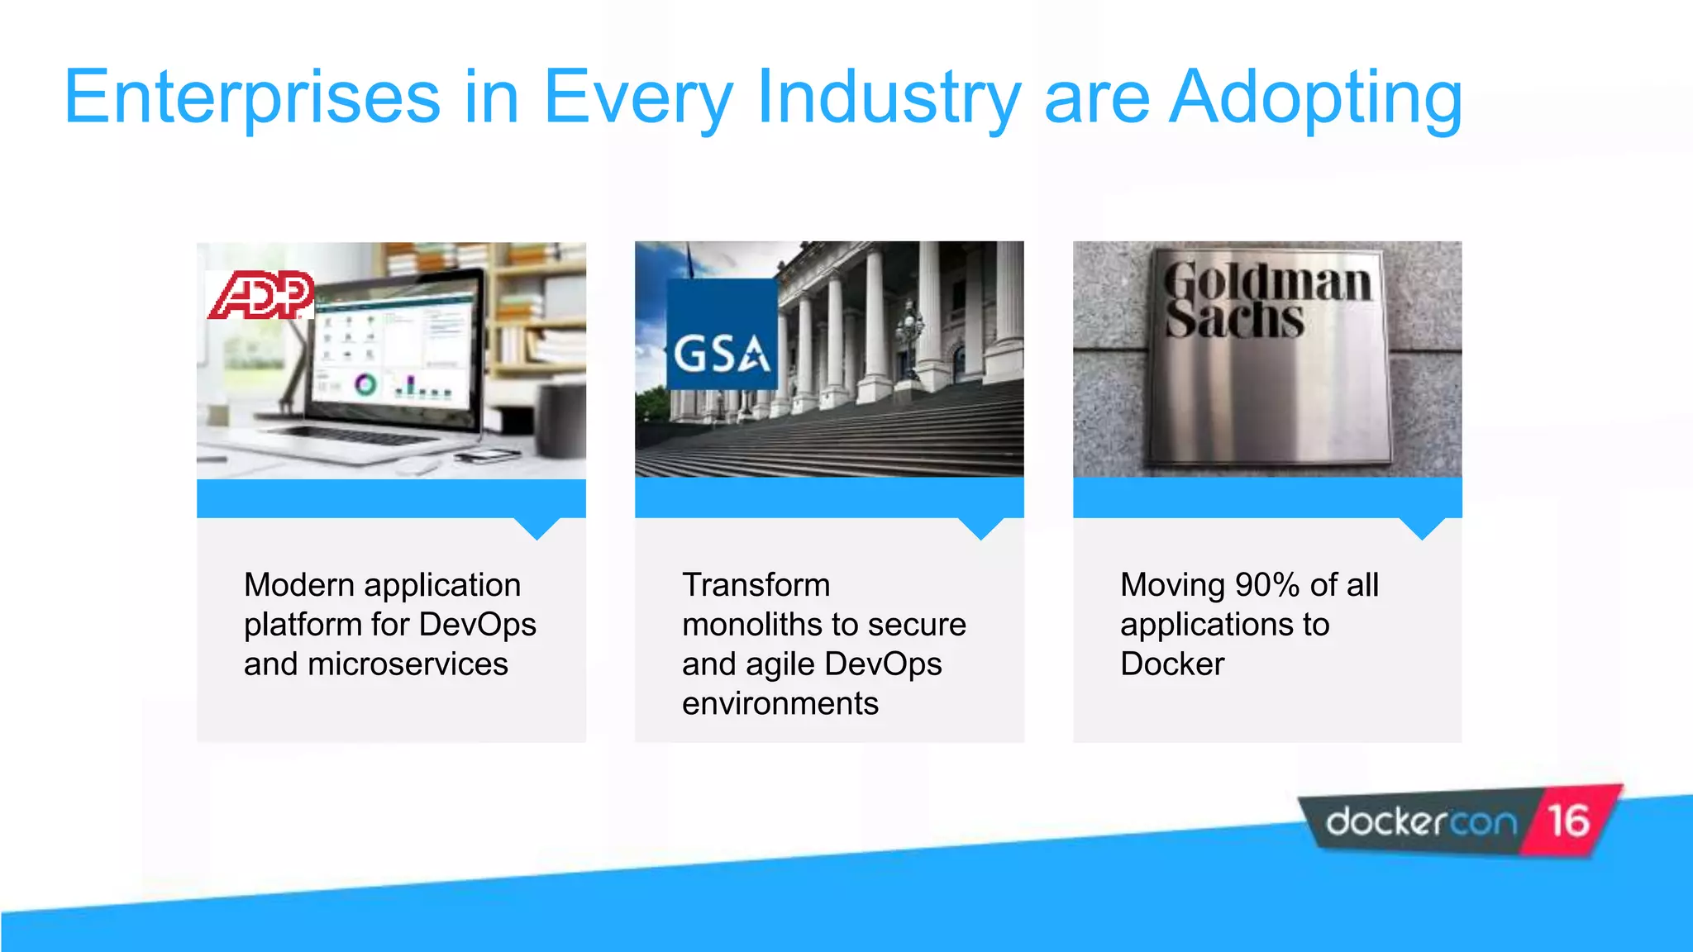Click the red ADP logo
[260, 295]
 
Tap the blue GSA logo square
[722, 335]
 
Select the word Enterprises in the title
[252, 98]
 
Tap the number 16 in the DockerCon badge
[1568, 821]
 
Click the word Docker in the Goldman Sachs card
[1172, 664]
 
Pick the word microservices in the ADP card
[408, 664]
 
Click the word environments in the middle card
[780, 704]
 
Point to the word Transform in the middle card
[756, 585]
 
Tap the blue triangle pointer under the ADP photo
[537, 527]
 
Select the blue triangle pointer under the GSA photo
[980, 527]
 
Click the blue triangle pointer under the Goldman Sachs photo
[1422, 527]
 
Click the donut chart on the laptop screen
[365, 384]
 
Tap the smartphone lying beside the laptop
[484, 455]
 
